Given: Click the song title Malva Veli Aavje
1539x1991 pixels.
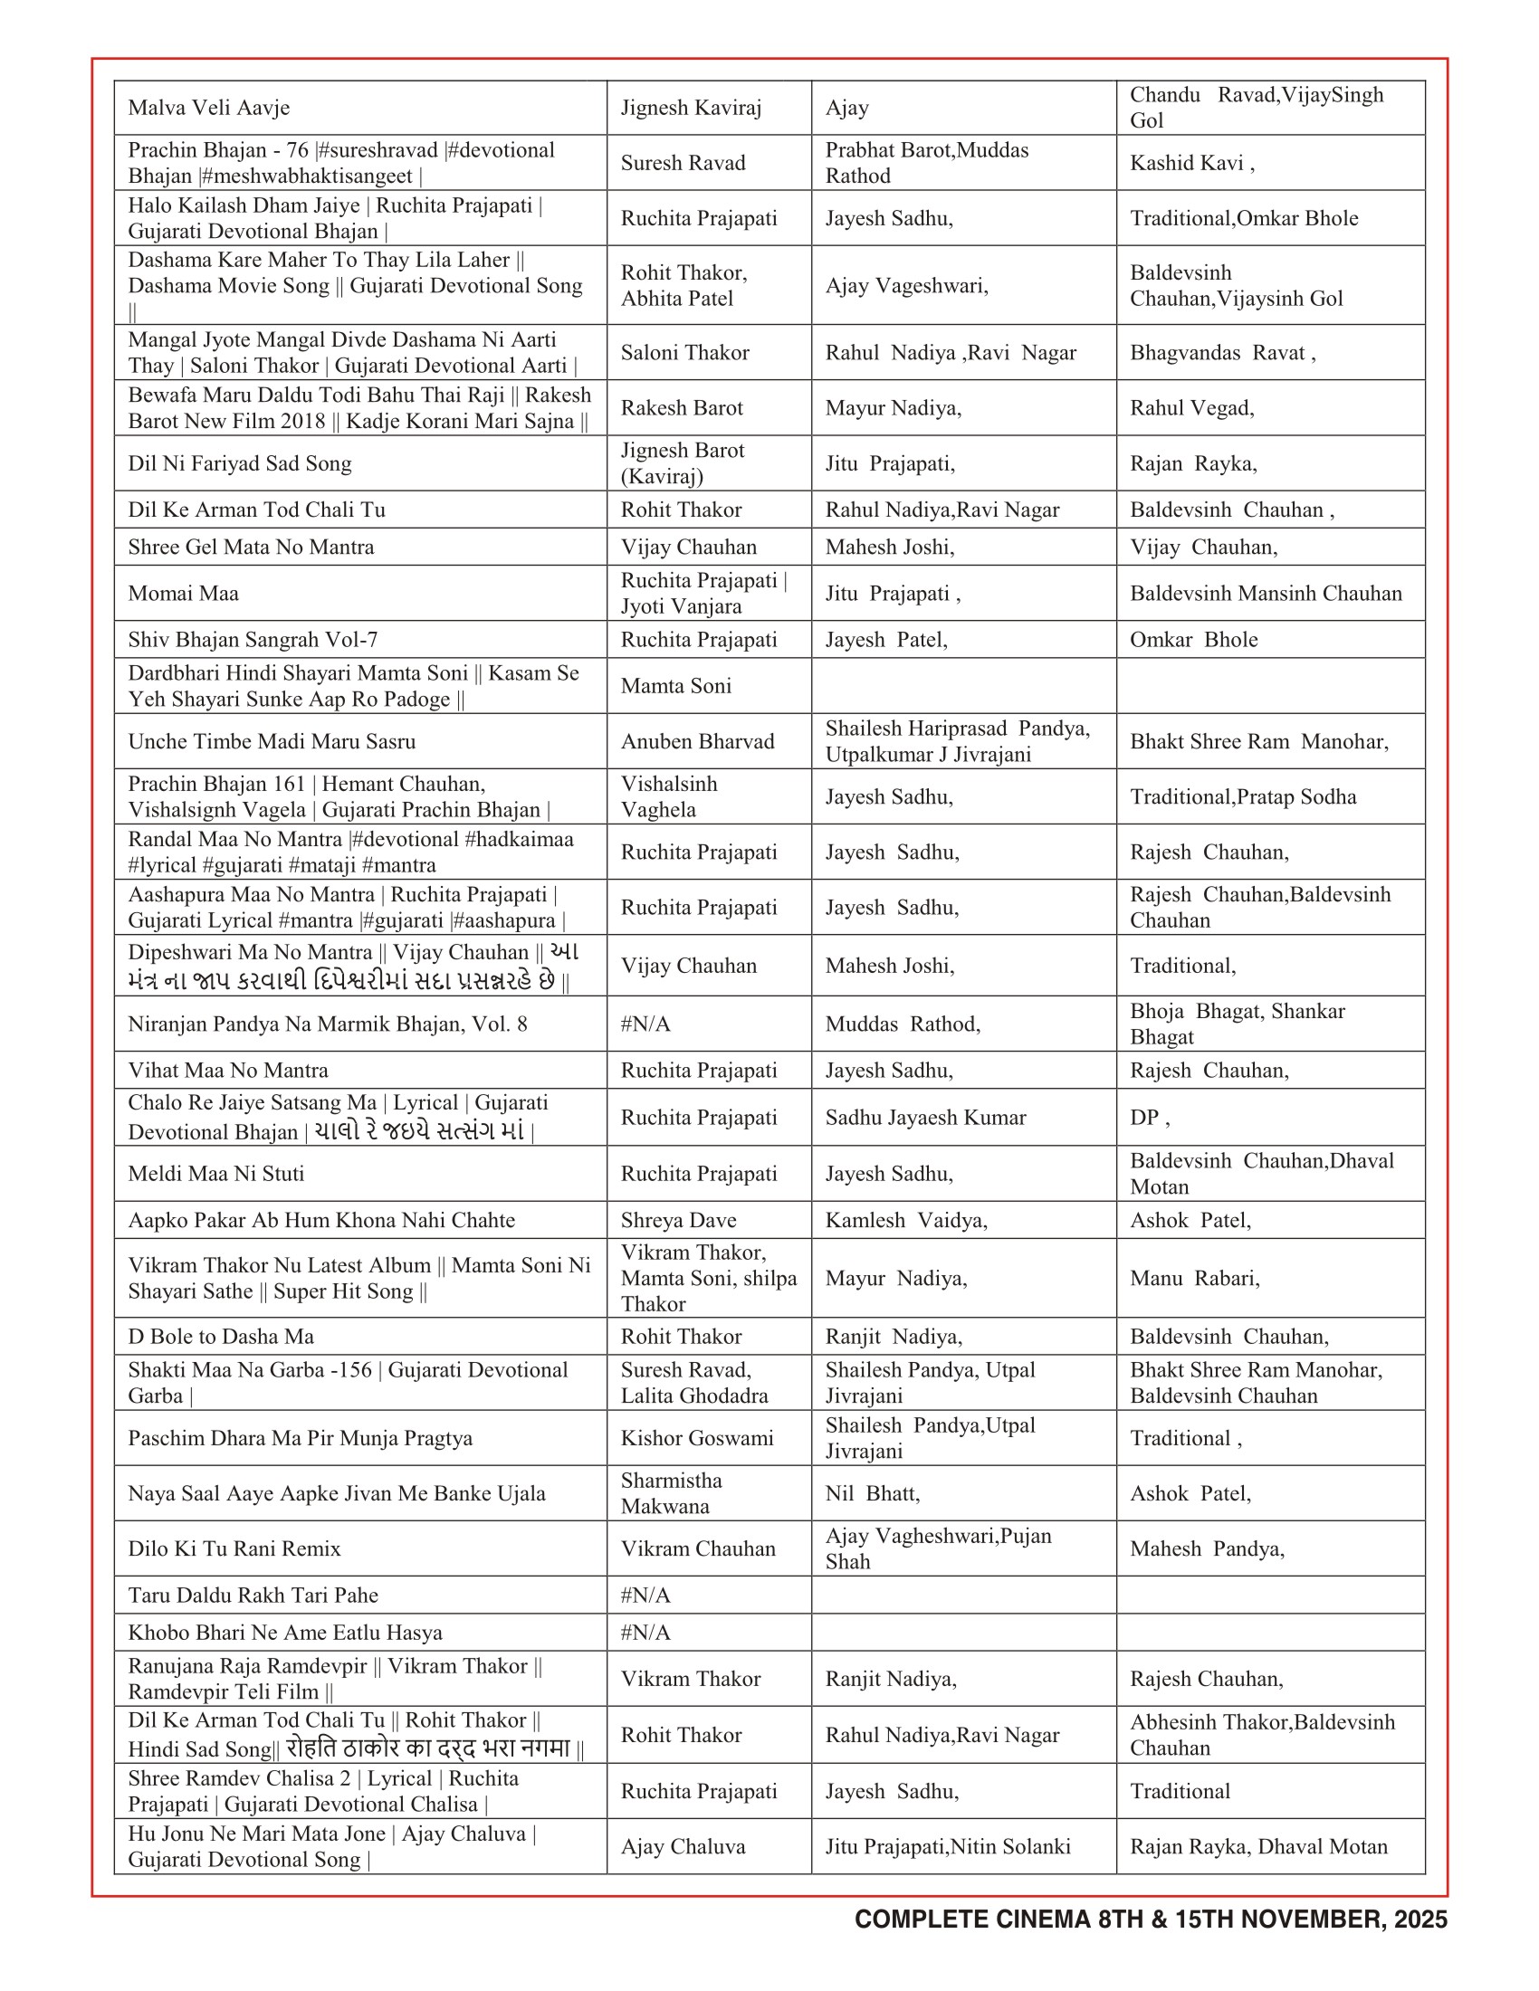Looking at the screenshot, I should click(209, 108).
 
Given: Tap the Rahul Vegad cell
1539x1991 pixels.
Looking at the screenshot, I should click(1191, 407).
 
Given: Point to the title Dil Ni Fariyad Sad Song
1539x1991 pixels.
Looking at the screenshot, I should click(240, 463).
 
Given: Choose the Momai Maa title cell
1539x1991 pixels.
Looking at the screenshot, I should click(183, 594).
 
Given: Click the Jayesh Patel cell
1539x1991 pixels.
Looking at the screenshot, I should click(886, 640).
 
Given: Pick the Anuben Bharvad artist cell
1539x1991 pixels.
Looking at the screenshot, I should click(697, 741).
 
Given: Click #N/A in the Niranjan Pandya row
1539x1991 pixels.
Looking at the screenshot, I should click(645, 1024).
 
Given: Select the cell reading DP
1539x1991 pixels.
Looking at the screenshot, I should click(1149, 1118).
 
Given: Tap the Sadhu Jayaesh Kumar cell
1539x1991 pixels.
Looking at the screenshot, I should click(925, 1118).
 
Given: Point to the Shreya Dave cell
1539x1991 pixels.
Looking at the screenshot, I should click(678, 1220).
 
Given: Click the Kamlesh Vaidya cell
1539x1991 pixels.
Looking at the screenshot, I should click(906, 1220).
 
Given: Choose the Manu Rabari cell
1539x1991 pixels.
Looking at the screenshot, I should click(1194, 1278).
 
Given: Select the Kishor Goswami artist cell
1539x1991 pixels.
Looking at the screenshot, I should click(697, 1438).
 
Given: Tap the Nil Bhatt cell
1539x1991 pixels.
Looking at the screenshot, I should click(873, 1493).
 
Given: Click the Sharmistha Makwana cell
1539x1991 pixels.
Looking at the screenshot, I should click(671, 1493).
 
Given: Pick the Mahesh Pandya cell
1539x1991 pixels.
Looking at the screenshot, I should click(1207, 1548).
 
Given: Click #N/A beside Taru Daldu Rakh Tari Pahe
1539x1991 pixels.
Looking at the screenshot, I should click(645, 1596).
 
